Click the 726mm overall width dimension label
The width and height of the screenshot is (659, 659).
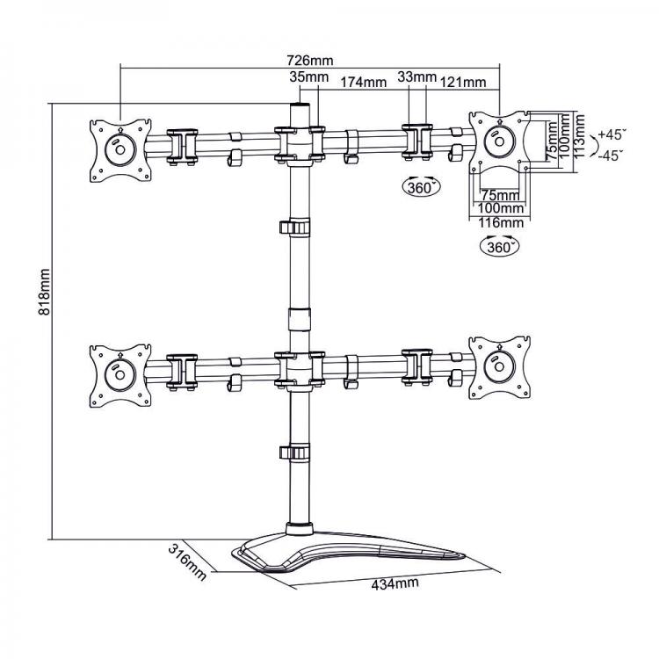click(310, 61)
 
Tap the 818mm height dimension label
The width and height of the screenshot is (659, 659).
click(44, 292)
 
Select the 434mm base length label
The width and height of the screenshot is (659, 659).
click(395, 583)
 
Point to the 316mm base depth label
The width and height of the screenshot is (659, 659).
click(187, 562)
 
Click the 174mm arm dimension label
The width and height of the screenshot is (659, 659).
click(363, 82)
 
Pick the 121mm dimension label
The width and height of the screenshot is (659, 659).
click(463, 82)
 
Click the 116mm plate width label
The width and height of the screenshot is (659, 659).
click(501, 222)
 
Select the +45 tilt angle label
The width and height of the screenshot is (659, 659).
click(612, 134)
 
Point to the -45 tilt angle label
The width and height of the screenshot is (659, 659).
click(611, 156)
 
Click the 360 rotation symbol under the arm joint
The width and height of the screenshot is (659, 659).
click(422, 186)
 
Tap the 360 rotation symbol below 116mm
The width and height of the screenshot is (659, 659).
click(499, 246)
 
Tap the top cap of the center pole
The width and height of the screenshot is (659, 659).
click(301, 104)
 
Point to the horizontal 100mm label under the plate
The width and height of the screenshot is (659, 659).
click(501, 208)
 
